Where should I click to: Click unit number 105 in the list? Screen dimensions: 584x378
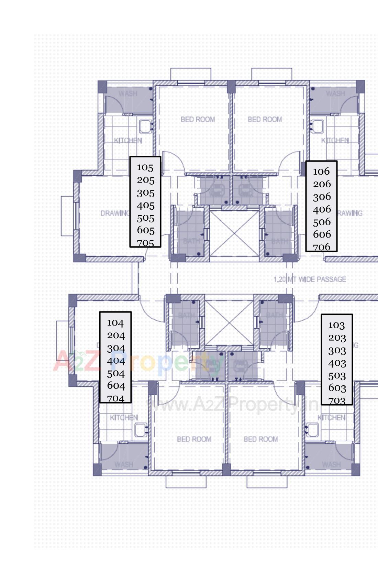145,167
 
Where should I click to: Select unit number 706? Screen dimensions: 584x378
322,247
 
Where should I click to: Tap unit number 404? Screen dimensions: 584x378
116,361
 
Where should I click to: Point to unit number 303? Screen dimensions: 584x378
337,351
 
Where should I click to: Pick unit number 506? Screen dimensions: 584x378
322,222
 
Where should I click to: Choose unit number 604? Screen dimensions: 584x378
116,386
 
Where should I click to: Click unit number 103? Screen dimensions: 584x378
336,325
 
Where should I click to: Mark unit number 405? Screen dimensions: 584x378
145,206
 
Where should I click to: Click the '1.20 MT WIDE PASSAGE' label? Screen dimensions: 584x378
310,279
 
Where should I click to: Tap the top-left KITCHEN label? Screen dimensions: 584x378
128,140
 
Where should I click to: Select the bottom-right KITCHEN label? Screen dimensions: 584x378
331,418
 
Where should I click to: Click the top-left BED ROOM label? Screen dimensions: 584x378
198,119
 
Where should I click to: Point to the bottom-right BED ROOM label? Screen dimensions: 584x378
260,439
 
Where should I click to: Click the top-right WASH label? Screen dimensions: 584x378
335,93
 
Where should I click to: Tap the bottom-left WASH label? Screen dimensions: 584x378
124,464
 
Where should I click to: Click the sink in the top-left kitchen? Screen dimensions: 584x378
146,126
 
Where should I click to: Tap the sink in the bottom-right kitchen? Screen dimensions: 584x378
312,429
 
